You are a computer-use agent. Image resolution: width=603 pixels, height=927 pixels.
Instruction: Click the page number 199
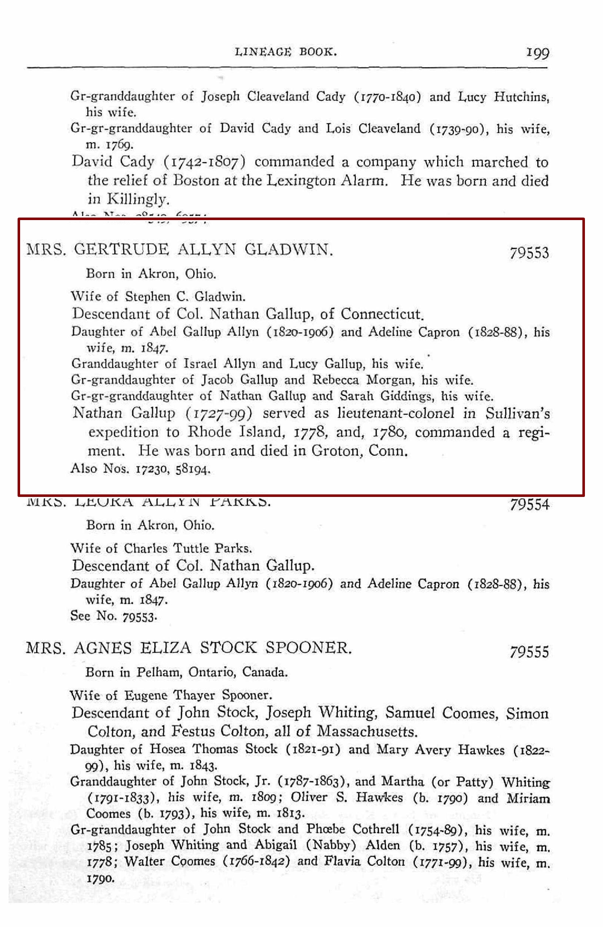click(x=537, y=52)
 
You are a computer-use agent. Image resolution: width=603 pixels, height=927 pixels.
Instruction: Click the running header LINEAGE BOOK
click(x=285, y=51)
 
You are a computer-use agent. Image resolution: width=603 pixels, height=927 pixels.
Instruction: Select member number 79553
click(x=529, y=253)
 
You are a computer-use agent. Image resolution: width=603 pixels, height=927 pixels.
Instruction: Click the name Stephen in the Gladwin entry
click(x=147, y=296)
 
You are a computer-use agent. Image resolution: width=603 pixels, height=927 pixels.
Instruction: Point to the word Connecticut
click(x=382, y=314)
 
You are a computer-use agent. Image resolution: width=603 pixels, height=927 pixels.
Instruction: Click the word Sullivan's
click(x=517, y=413)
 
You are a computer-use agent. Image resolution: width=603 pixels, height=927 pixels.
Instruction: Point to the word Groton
click(x=336, y=450)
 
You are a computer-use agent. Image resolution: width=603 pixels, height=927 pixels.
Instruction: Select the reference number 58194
click(x=193, y=469)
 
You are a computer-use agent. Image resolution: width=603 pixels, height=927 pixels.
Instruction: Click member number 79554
click(x=529, y=504)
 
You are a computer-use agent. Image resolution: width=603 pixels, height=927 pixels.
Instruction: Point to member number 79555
click(x=529, y=652)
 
